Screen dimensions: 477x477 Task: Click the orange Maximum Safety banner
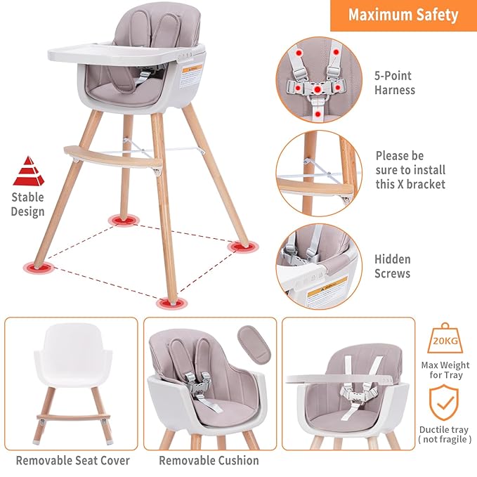(403, 15)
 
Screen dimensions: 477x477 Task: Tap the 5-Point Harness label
(394, 82)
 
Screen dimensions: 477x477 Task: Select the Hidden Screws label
(392, 266)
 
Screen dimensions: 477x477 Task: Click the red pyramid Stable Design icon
(28, 171)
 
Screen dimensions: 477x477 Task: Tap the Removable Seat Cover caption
(73, 461)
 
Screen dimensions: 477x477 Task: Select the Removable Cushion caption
(209, 461)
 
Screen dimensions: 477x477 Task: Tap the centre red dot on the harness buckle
(318, 89)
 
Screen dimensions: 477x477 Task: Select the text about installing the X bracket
(410, 170)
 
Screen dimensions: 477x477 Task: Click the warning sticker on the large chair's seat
(192, 73)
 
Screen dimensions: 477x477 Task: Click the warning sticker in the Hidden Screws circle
(327, 288)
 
